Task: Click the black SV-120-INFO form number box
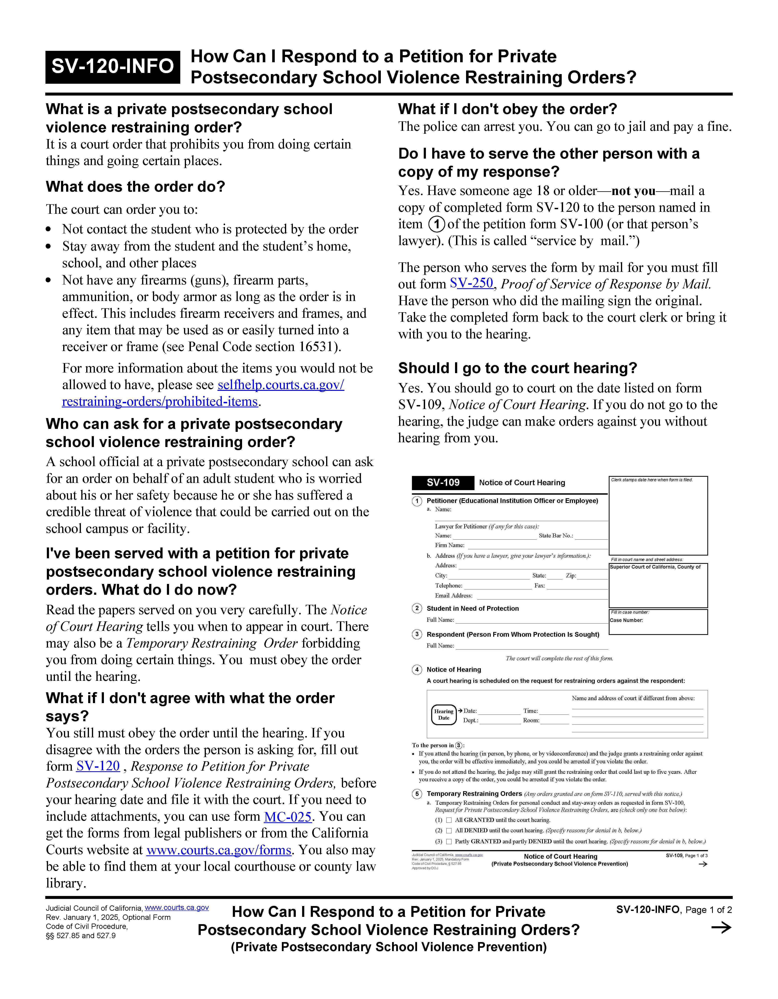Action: [112, 67]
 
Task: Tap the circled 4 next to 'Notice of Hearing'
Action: [417, 670]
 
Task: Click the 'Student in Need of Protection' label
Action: [472, 608]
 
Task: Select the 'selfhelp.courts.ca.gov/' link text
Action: [281, 385]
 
